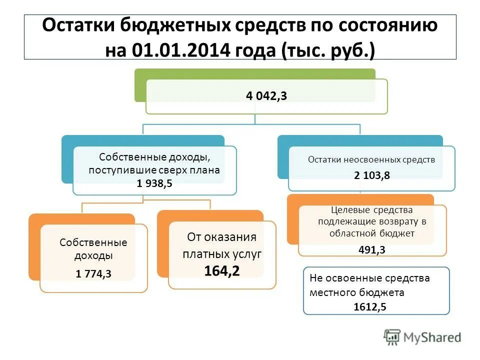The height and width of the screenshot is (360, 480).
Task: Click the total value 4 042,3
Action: [266, 96]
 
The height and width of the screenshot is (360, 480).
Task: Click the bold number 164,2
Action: [221, 270]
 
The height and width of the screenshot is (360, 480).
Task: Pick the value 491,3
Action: [371, 250]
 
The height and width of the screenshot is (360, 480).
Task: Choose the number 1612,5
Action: [369, 306]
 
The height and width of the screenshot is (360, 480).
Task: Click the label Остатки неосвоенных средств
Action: [371, 160]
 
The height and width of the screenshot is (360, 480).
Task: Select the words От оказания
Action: [221, 237]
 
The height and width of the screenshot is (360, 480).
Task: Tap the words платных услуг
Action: [221, 254]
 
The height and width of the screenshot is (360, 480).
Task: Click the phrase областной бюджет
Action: [371, 233]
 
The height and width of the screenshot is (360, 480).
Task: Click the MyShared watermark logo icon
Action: [392, 337]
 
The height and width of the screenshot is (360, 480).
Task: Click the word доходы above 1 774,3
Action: [93, 255]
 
